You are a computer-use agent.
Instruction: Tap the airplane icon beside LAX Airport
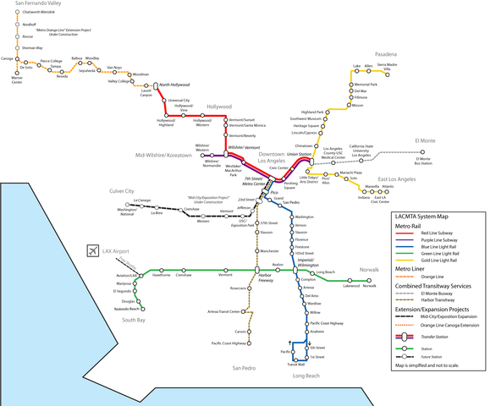(91, 251)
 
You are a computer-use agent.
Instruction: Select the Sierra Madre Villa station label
(387, 66)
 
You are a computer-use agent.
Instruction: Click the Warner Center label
(17, 81)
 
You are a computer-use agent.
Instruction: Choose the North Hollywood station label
(174, 85)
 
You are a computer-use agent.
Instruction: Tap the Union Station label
(299, 155)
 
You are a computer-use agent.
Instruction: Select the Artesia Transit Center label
(224, 311)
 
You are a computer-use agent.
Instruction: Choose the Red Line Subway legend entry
(444, 233)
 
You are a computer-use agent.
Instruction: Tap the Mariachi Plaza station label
(350, 173)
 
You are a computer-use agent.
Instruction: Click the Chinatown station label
(303, 145)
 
